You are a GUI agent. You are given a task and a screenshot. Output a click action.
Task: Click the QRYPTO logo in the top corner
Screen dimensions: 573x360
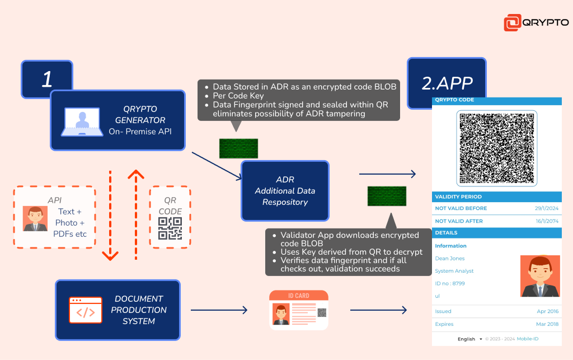536,22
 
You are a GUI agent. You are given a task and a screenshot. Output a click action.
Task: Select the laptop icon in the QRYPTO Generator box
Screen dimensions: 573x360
82,121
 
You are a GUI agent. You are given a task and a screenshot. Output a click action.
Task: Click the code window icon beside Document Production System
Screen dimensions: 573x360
86,310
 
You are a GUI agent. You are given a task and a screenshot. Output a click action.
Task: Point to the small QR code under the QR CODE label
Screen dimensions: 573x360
170,228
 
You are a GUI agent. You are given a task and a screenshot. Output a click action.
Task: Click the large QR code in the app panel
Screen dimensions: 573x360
497,148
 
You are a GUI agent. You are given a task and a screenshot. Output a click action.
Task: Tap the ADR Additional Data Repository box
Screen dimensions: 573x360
285,191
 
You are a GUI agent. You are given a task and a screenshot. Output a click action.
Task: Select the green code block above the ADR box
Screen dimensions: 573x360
238,148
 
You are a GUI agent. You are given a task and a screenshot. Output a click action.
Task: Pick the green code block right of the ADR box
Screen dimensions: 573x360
387,196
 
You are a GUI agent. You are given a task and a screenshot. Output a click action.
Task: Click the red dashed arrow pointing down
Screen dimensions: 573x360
110,216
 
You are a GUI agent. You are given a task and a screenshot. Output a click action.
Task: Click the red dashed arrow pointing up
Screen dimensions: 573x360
136,215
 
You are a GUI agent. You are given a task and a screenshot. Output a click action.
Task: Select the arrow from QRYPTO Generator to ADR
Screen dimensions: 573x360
217,166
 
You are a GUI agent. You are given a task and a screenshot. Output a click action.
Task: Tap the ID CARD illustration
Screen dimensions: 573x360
299,310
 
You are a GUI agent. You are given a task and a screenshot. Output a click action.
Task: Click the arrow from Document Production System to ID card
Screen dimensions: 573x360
219,310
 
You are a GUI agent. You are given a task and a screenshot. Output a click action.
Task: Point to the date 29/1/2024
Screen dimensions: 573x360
547,208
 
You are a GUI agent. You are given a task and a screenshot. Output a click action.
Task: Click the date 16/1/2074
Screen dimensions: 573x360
547,221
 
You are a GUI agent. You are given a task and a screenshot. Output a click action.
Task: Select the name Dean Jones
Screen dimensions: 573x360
450,259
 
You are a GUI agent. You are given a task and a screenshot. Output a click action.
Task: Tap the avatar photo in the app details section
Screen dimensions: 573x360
540,276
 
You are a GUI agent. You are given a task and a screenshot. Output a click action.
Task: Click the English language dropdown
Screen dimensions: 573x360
470,339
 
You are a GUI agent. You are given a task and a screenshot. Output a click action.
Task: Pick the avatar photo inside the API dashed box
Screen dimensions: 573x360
35,218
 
